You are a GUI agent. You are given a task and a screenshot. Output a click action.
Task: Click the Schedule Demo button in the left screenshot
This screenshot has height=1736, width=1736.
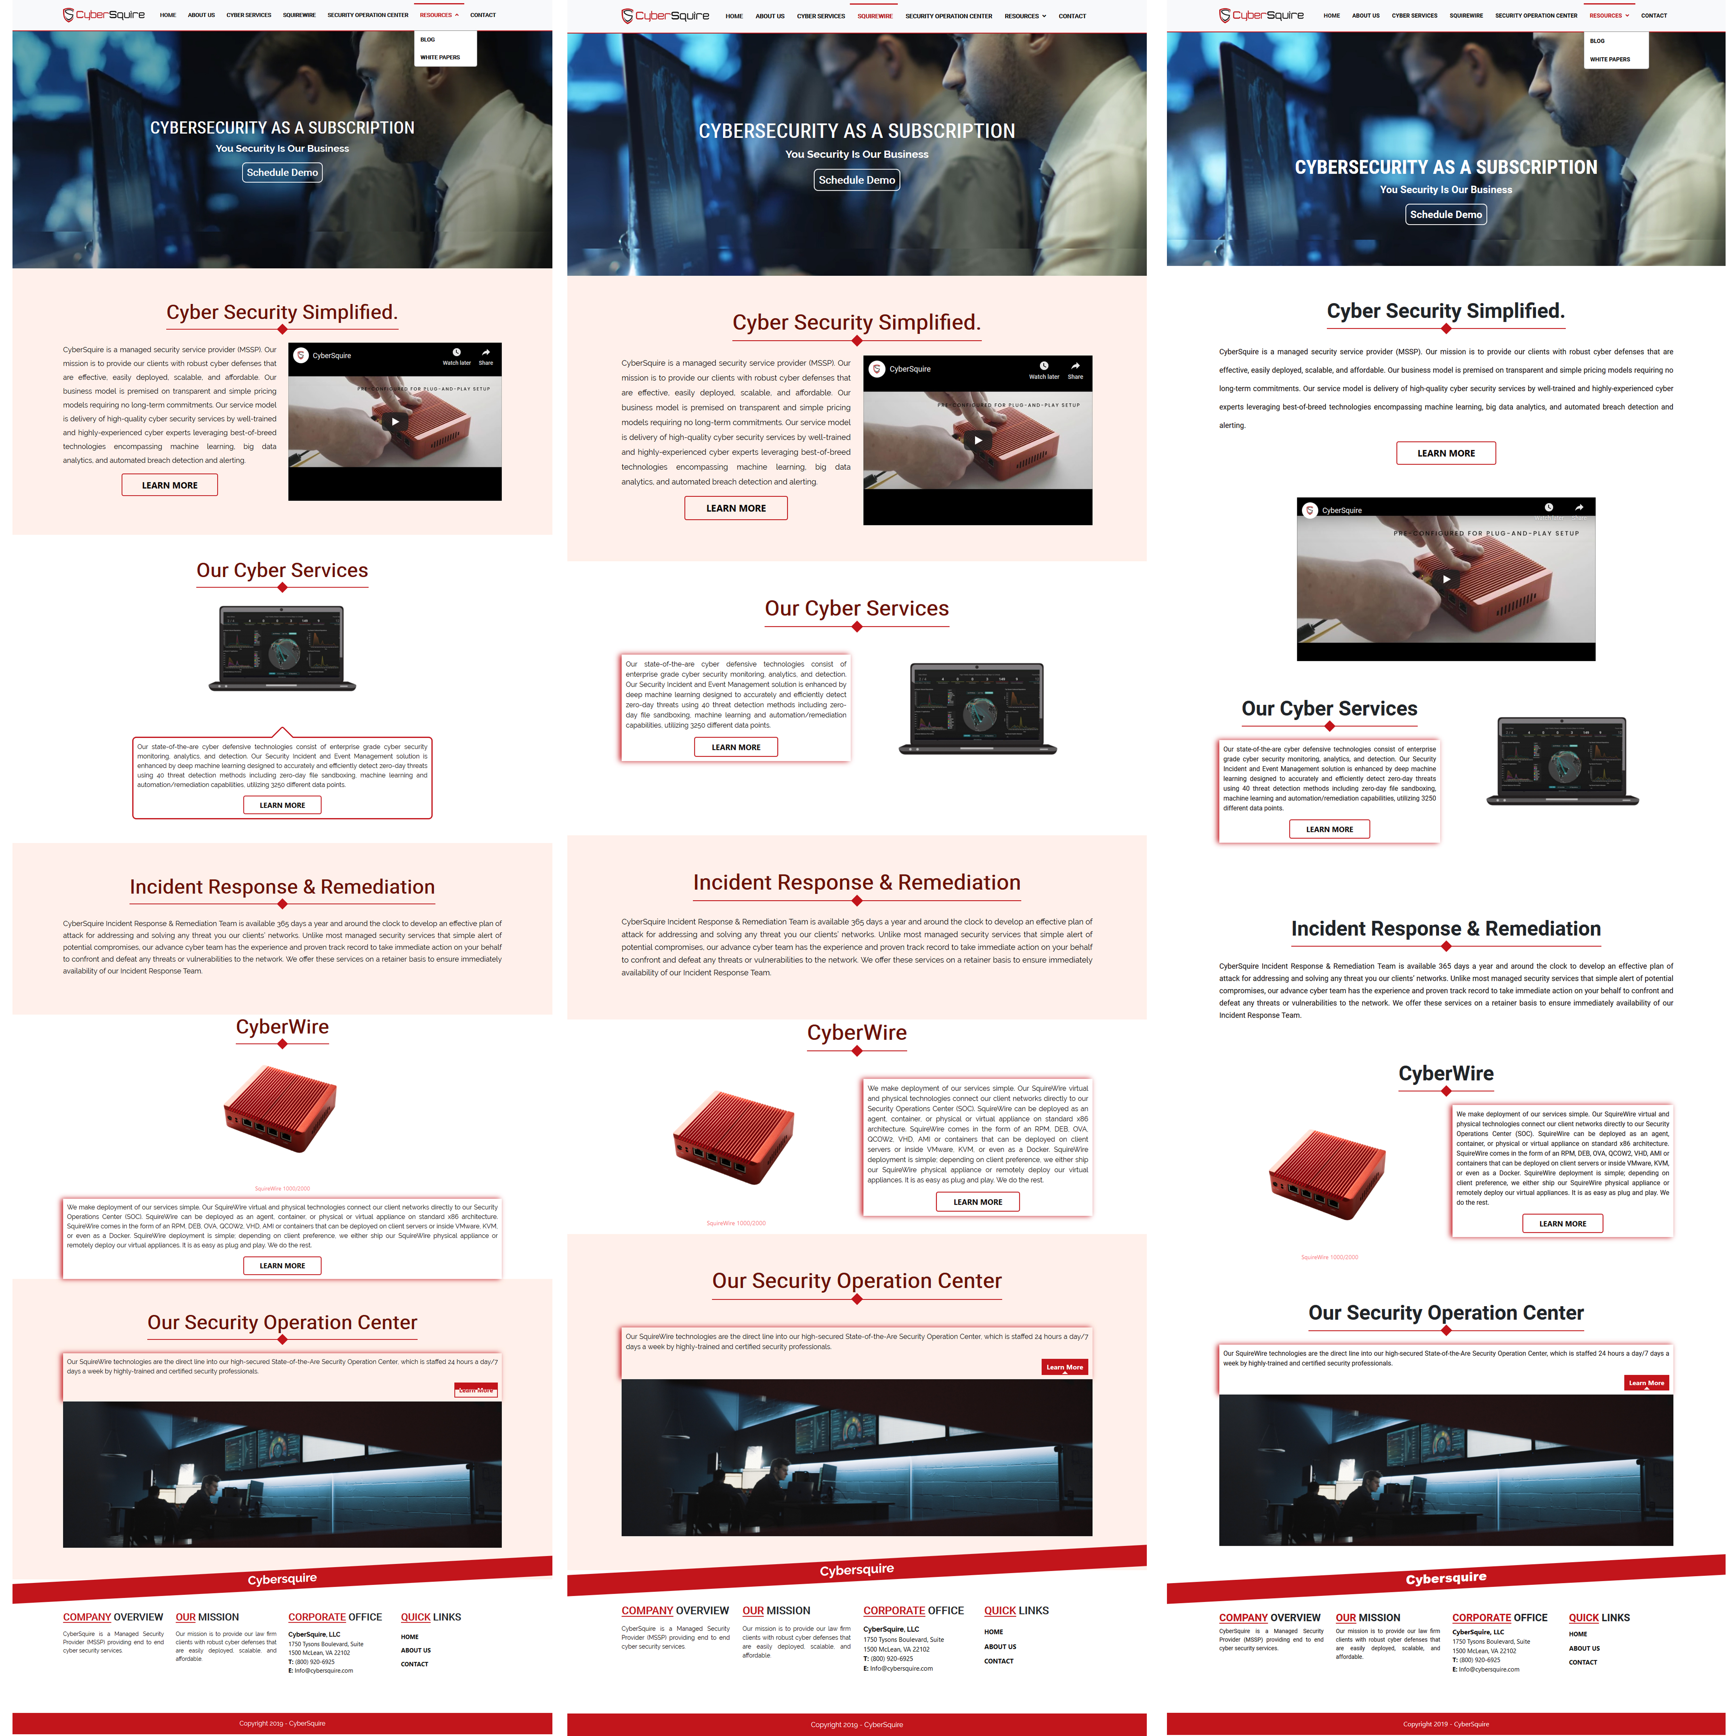[x=282, y=173]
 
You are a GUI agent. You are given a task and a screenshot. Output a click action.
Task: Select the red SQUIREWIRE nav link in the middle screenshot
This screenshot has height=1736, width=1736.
[x=874, y=16]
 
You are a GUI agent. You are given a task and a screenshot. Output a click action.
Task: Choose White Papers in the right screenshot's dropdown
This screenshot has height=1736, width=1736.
[x=1609, y=59]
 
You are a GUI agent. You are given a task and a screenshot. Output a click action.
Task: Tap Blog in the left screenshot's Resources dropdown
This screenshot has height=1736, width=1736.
[x=428, y=40]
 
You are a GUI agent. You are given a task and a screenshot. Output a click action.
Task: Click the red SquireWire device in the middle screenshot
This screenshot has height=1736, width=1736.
[x=734, y=1137]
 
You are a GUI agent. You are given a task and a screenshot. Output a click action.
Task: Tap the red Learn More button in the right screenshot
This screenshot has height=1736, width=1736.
[x=1646, y=1383]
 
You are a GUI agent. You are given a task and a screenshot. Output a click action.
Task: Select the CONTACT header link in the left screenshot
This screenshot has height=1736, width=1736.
[x=483, y=15]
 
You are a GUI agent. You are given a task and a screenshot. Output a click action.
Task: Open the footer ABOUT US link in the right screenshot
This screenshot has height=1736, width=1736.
[x=1584, y=1649]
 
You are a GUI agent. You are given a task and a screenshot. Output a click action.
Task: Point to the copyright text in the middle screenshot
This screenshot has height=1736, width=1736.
[x=856, y=1724]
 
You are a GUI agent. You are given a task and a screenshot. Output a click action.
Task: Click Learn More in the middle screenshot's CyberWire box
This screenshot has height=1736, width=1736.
[x=978, y=1201]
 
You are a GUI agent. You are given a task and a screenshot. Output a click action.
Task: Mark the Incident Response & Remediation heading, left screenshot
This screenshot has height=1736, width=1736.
[x=282, y=887]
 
